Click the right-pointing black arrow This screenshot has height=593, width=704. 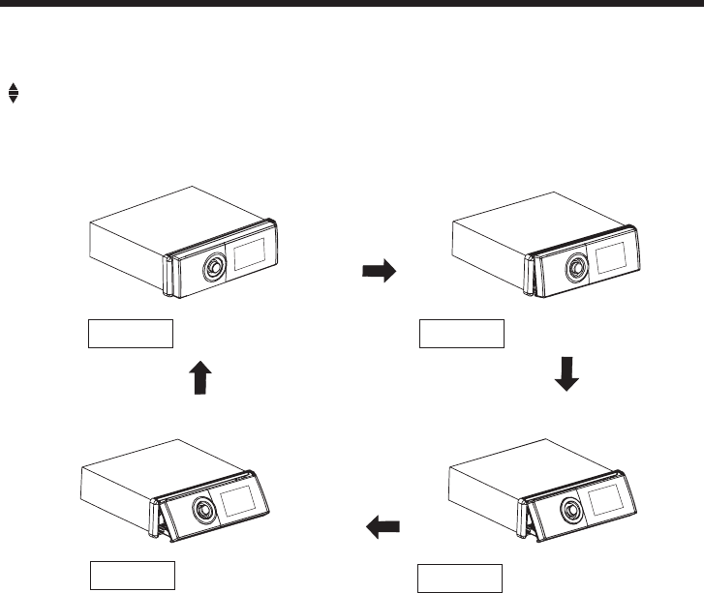(379, 272)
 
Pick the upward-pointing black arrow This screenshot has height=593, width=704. (199, 376)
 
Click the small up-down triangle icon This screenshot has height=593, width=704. (13, 93)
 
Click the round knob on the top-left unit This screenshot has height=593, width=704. (211, 266)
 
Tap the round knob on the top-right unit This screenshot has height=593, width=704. (575, 266)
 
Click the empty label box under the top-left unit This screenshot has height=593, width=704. (131, 334)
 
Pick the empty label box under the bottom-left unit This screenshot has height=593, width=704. (132, 575)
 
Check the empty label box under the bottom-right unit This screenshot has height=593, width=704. (460, 577)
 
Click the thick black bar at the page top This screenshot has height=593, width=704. (352, 4)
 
